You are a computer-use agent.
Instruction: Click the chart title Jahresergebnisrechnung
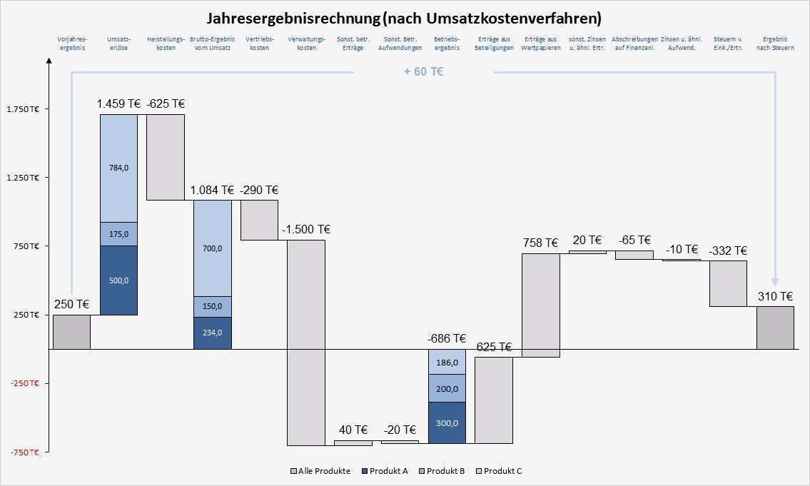pyautogui.click(x=404, y=17)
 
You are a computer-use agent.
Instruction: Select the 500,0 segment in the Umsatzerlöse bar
pyautogui.click(x=118, y=280)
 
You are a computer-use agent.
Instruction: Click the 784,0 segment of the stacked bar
pyautogui.click(x=118, y=168)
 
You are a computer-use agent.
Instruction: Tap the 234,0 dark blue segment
pyautogui.click(x=213, y=333)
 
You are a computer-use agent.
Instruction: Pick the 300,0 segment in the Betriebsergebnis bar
pyautogui.click(x=447, y=422)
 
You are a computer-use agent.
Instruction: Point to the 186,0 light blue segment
pyautogui.click(x=447, y=363)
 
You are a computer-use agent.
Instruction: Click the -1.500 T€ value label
pyautogui.click(x=306, y=230)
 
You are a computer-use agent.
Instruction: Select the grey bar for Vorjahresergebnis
pyautogui.click(x=71, y=332)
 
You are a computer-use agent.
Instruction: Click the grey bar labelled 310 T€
pyautogui.click(x=775, y=328)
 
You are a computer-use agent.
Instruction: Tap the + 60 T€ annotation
pyautogui.click(x=423, y=72)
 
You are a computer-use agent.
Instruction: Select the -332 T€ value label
pyautogui.click(x=728, y=251)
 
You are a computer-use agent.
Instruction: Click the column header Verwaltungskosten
pyautogui.click(x=306, y=43)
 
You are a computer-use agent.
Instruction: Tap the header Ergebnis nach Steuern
pyautogui.click(x=775, y=43)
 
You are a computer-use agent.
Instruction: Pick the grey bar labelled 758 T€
pyautogui.click(x=541, y=305)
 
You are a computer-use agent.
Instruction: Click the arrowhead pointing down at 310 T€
pyautogui.click(x=775, y=281)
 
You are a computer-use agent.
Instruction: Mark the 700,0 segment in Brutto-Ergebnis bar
pyautogui.click(x=213, y=248)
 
